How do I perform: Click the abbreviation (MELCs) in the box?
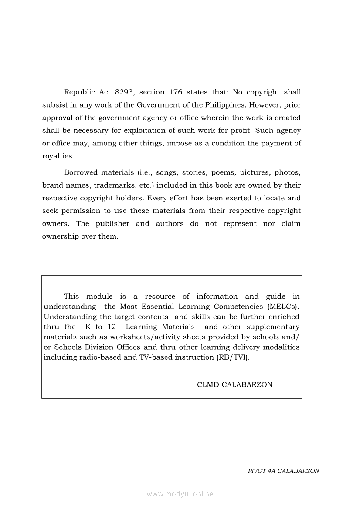284,307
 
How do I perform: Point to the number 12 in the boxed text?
112,327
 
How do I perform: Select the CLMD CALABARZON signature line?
234,384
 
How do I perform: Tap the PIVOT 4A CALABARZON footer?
283,471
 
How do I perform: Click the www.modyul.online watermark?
180,494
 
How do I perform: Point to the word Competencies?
239,307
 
